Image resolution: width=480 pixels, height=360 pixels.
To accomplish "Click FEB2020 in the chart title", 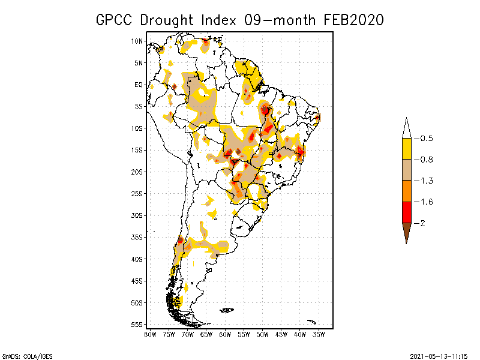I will click(x=353, y=20).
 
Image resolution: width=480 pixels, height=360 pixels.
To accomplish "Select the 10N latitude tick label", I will click(x=137, y=41).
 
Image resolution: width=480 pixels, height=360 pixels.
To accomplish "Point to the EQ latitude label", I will click(x=139, y=85).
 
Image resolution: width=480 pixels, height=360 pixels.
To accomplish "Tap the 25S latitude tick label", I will click(x=137, y=194).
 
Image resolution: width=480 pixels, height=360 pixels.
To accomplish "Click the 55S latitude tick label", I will click(x=137, y=325).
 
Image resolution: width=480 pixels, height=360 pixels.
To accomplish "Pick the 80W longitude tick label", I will click(x=150, y=334).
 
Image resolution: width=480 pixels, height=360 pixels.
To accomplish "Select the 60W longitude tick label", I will click(x=225, y=334).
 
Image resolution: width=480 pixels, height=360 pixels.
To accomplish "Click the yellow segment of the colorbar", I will click(x=406, y=149).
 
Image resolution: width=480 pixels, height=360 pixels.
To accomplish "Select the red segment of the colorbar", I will click(x=406, y=212).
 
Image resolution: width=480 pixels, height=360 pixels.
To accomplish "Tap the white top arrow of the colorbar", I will click(x=406, y=129).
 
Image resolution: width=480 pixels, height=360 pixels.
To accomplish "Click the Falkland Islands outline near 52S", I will click(x=227, y=310).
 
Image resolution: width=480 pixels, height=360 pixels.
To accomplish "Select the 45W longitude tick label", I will click(x=281, y=334).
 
